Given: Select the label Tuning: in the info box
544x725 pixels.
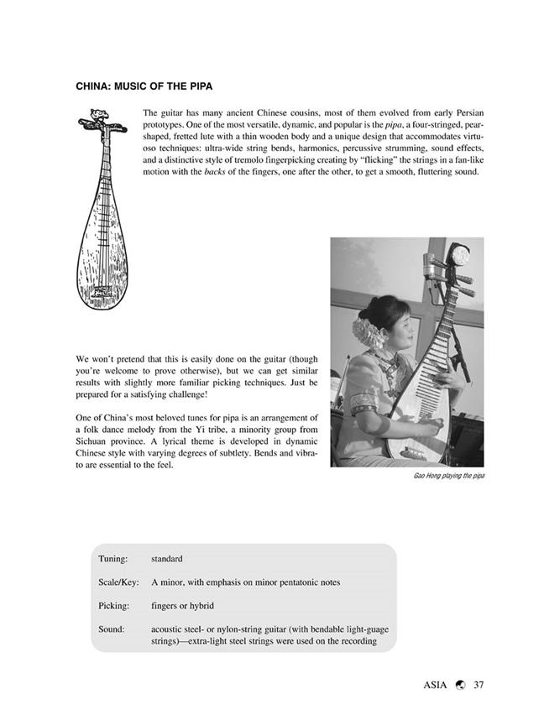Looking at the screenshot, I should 113,558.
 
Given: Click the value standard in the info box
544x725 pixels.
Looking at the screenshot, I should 167,558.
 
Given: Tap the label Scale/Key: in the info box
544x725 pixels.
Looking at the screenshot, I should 118,582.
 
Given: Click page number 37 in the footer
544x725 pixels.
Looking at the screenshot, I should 479,684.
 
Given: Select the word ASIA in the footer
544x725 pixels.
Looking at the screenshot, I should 437,684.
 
